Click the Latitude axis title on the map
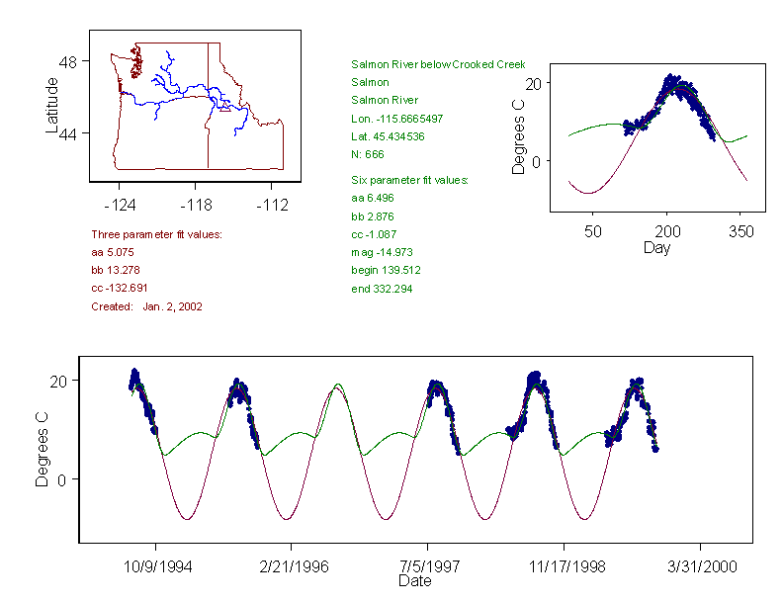[52, 105]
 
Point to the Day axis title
[655, 247]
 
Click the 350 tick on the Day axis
[740, 232]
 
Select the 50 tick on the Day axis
[593, 232]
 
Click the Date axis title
[414, 581]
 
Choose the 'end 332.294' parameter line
[382, 288]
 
